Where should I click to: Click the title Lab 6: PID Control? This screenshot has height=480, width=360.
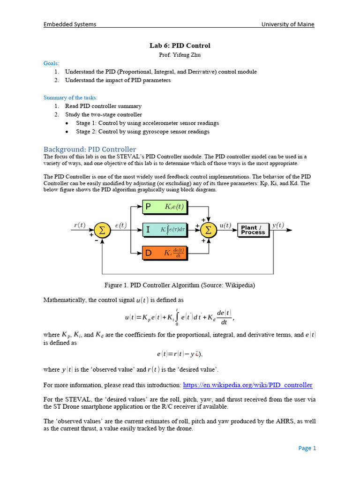point(180,45)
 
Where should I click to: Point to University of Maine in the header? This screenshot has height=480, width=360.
point(288,24)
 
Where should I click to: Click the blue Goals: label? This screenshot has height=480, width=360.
point(52,63)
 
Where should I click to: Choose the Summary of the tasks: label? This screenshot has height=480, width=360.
point(71,97)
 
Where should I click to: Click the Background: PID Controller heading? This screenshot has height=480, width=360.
point(90,149)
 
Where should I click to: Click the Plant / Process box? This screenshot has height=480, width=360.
point(253,230)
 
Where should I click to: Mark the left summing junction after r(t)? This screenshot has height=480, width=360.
point(101,230)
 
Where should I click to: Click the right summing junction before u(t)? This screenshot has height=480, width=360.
point(209,230)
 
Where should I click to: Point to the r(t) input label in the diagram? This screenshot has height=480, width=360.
point(80,225)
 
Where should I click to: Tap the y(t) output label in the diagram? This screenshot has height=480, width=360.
point(277,225)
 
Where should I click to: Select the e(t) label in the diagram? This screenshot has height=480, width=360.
point(120,225)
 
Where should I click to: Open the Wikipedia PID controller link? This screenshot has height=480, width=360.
point(247,385)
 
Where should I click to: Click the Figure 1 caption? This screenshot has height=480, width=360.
point(180,285)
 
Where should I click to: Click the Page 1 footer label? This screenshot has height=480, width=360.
point(307,448)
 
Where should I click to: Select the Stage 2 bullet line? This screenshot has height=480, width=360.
point(142,132)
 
